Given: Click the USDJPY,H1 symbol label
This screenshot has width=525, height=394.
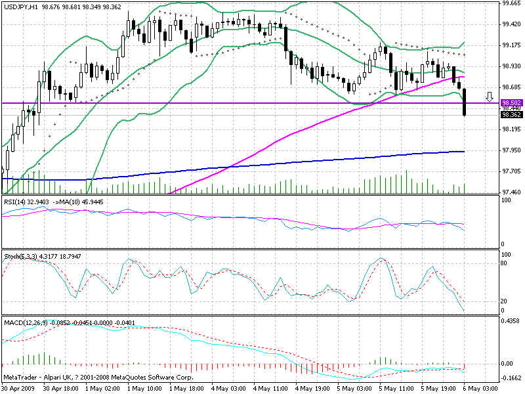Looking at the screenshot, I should point(20,7).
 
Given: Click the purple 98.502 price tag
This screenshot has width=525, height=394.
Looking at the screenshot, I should point(511,103).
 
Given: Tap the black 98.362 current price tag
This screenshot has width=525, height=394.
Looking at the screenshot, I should point(511,114).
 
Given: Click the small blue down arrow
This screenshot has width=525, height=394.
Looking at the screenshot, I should point(489,97).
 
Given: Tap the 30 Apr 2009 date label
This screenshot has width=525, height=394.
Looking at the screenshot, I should point(20,389).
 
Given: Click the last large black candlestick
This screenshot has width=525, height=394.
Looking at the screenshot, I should point(465,102).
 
